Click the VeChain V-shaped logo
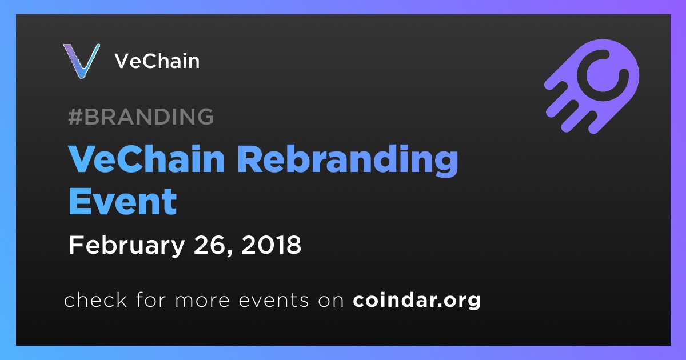tap(81, 61)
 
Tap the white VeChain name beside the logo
tap(157, 61)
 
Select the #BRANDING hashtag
tap(141, 117)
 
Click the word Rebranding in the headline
tap(351, 161)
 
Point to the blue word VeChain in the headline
tap(147, 159)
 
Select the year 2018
tap(271, 245)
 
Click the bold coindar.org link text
tap(417, 301)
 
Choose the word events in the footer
tap(273, 300)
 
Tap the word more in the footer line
tap(202, 301)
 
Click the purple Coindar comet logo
tap(592, 86)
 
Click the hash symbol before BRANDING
tap(75, 117)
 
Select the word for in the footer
tap(151, 299)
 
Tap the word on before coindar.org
tap(331, 301)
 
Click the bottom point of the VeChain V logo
tap(82, 78)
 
